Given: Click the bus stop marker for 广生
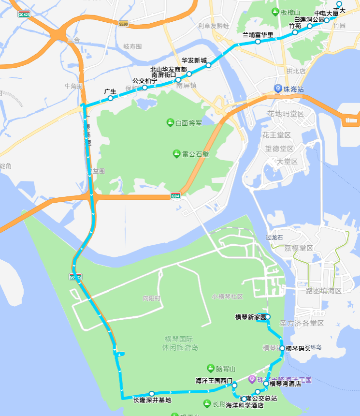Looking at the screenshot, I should pyautogui.click(x=111, y=98).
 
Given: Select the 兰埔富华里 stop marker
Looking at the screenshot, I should pyautogui.click(x=258, y=42).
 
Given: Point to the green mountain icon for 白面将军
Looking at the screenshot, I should pyautogui.click(x=170, y=122).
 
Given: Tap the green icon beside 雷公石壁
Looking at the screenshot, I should pyautogui.click(x=177, y=154).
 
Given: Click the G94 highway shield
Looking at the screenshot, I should pyautogui.click(x=176, y=196).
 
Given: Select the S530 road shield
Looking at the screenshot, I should pyautogui.click(x=124, y=24).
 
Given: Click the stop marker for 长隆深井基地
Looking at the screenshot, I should pyautogui.click(x=152, y=393).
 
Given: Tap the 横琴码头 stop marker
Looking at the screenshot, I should pyautogui.click(x=282, y=348).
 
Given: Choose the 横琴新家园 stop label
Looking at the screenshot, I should pyautogui.click(x=250, y=317).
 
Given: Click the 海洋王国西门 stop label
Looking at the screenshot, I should pyautogui.click(x=214, y=380).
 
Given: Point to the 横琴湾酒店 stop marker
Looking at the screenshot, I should pyautogui.click(x=266, y=384).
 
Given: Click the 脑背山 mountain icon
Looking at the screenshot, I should pyautogui.click(x=210, y=368).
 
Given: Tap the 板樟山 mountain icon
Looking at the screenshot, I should pyautogui.click(x=275, y=12).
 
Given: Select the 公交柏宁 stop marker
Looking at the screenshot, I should pyautogui.click(x=144, y=88).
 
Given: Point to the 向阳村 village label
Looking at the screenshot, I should pyautogui.click(x=151, y=298).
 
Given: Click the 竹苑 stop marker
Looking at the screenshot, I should pyautogui.click(x=295, y=32).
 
